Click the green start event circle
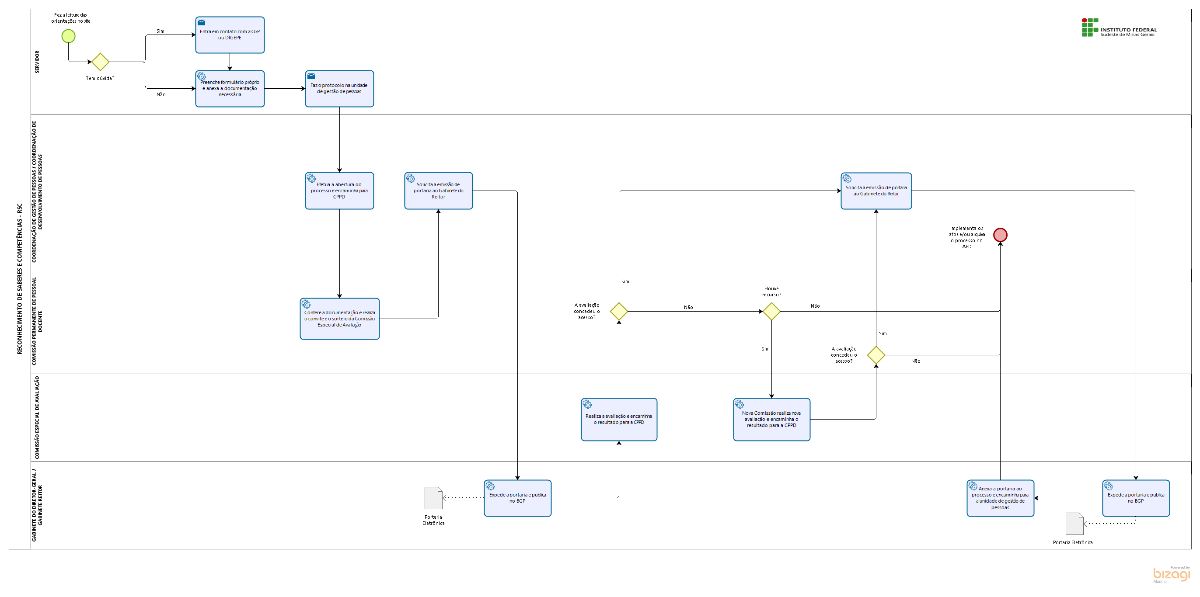(x=69, y=36)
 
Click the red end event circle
(x=1000, y=235)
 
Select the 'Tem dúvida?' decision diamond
(x=100, y=62)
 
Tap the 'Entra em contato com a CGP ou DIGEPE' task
(x=230, y=35)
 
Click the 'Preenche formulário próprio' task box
(x=230, y=88)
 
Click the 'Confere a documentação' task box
(x=340, y=319)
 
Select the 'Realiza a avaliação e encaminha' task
(x=619, y=420)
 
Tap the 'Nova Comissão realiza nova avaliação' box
(x=771, y=420)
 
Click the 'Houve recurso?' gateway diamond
(x=771, y=311)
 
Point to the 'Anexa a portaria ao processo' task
(x=1000, y=498)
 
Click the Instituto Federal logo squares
(x=1090, y=28)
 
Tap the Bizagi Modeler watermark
(x=1171, y=575)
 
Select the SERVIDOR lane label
(x=37, y=62)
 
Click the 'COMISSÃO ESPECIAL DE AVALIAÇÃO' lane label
(x=37, y=418)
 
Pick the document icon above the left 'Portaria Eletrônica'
(x=433, y=498)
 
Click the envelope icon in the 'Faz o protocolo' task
(x=311, y=76)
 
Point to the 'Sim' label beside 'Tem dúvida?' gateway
(x=160, y=31)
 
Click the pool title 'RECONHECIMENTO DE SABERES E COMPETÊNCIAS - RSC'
(x=20, y=279)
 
